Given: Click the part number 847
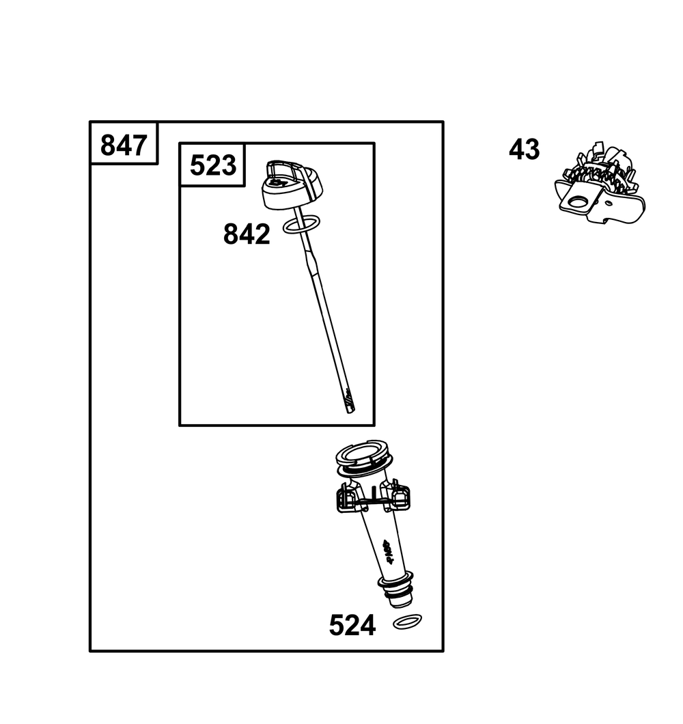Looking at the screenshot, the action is click(124, 145).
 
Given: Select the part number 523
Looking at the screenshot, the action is click(213, 165).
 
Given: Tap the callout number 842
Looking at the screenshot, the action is click(247, 234).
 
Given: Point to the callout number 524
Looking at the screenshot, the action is click(352, 626).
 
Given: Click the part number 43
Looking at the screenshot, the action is click(524, 149).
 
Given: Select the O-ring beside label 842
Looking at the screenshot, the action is click(301, 223).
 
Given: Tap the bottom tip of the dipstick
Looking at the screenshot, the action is click(350, 411).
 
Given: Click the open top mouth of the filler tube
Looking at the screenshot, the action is click(363, 456).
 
